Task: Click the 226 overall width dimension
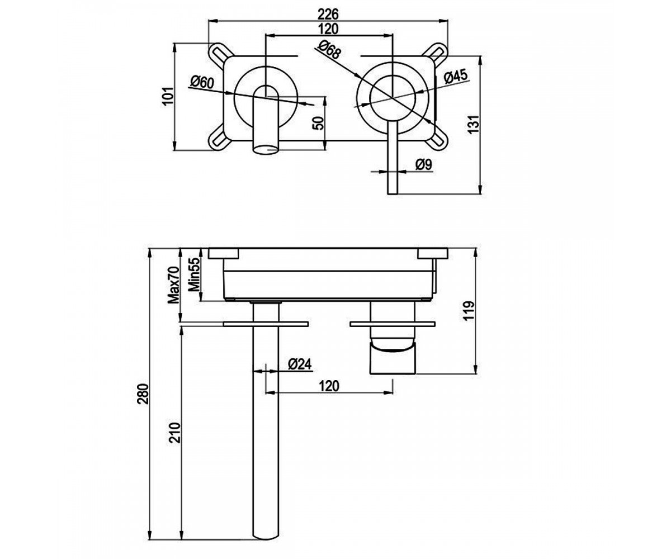(328, 14)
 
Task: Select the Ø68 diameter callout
(329, 50)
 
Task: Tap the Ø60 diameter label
(202, 83)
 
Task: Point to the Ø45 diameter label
(456, 77)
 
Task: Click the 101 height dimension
(168, 96)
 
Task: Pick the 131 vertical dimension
(473, 124)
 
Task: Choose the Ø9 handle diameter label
(424, 165)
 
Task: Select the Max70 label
(174, 285)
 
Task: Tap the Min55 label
(194, 274)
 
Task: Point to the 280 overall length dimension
(144, 394)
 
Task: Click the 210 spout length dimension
(175, 433)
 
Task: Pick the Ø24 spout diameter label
(300, 364)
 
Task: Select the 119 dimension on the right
(469, 310)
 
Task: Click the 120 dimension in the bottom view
(329, 386)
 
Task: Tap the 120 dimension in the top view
(329, 29)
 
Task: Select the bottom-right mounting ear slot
(438, 141)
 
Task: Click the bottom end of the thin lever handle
(393, 194)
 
